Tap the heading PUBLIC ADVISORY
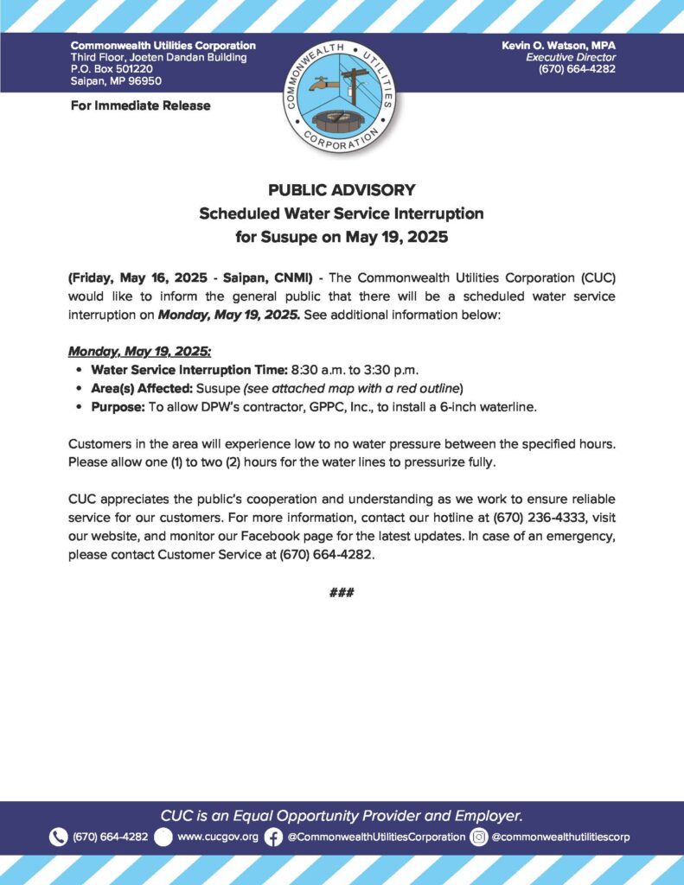[x=342, y=190]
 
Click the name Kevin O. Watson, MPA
[x=559, y=45]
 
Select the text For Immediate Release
[x=140, y=105]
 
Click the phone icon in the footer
[x=59, y=837]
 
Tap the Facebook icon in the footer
[x=273, y=837]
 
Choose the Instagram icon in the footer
[x=479, y=837]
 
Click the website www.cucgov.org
[x=218, y=837]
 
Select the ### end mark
[x=342, y=593]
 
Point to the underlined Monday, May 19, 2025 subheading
[x=138, y=353]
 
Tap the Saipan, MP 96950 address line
[x=116, y=81]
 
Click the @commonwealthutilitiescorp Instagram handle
[x=560, y=837]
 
